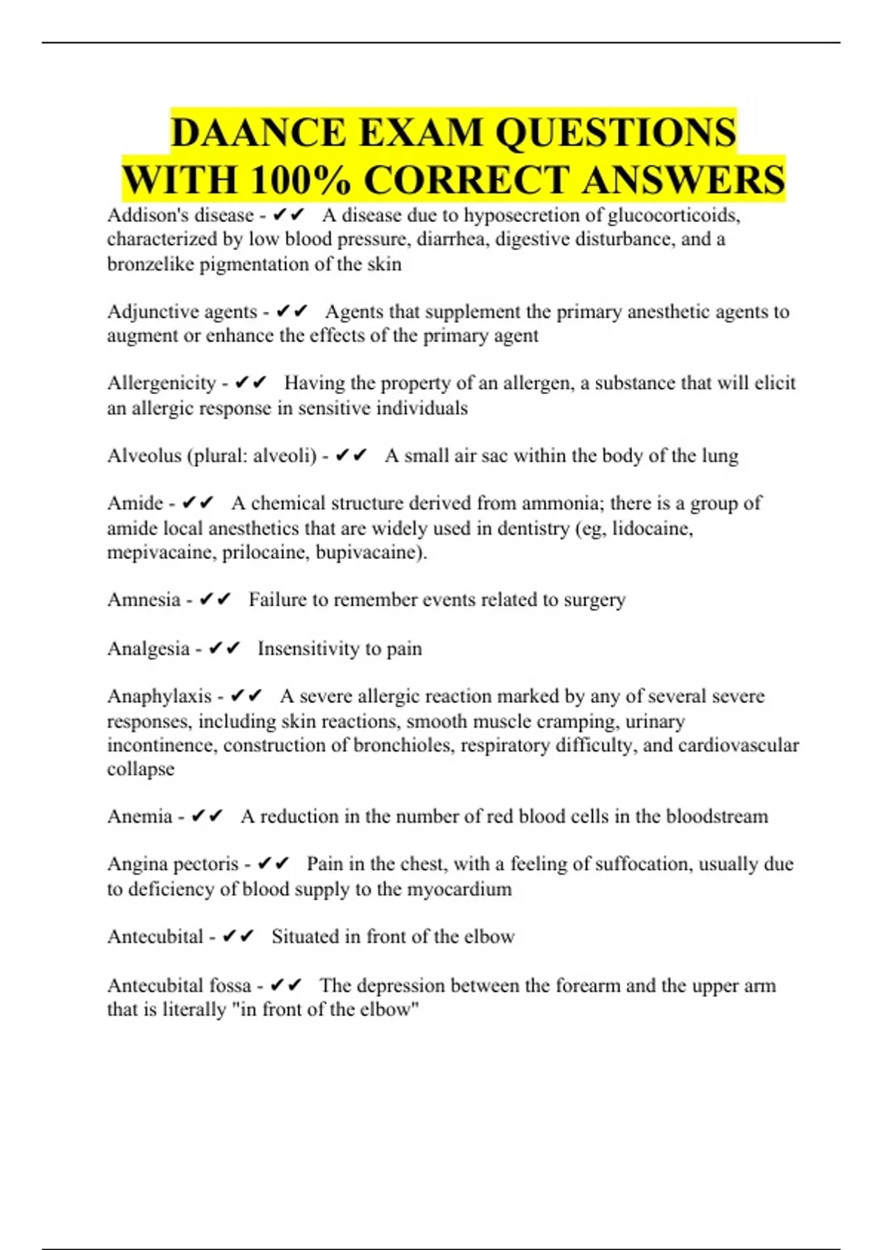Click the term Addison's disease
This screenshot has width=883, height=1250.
(x=180, y=215)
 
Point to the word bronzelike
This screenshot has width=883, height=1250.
(x=151, y=264)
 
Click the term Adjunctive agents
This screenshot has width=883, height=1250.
(x=182, y=312)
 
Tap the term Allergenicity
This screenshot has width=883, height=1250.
(x=161, y=383)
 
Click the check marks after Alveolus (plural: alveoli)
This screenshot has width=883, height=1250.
(x=351, y=456)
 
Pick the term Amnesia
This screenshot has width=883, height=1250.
(x=143, y=600)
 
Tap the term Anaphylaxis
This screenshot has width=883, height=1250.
(x=159, y=696)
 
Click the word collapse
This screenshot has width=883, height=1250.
(x=141, y=769)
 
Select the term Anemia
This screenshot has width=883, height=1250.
(x=140, y=817)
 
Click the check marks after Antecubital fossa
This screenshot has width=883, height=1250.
(x=286, y=985)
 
